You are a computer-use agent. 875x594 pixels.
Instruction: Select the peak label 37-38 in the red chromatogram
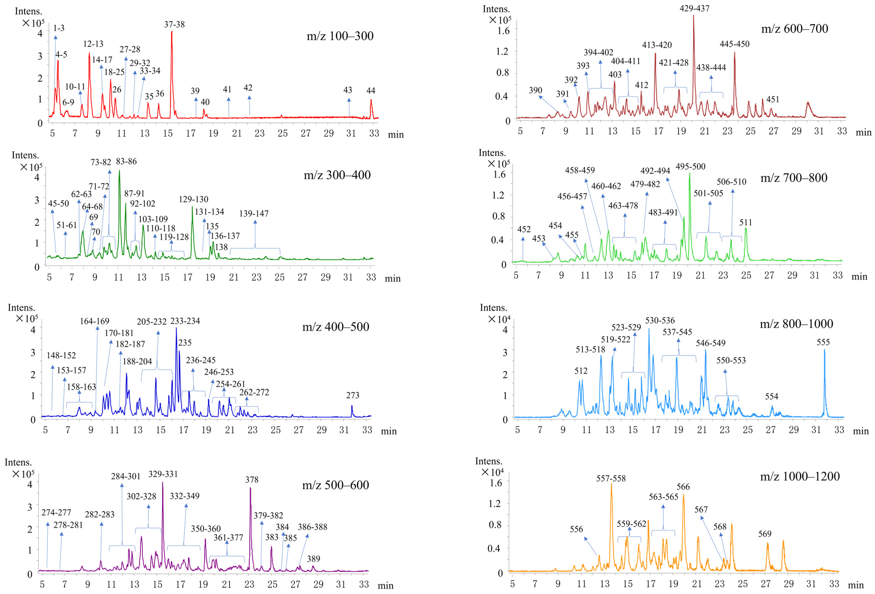pos(174,24)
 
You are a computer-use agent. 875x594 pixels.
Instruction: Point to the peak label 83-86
pos(126,161)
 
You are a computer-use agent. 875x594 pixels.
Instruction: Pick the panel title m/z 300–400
pos(337,175)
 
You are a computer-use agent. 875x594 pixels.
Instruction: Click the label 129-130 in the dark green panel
pos(193,199)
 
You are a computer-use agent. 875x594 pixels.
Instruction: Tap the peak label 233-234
pos(185,321)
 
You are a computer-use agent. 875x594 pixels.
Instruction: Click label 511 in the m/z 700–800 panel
pos(746,222)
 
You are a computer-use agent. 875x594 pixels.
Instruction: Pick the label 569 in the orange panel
pos(765,534)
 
